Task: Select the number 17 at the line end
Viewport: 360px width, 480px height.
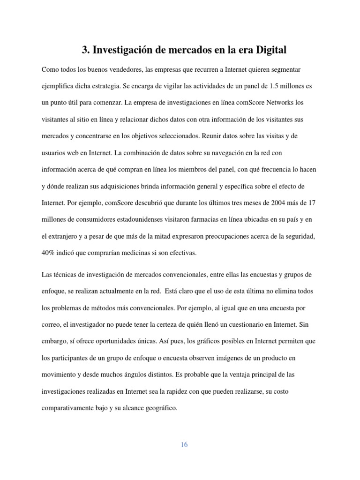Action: click(x=313, y=203)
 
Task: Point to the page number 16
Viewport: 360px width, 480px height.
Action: click(x=184, y=445)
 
